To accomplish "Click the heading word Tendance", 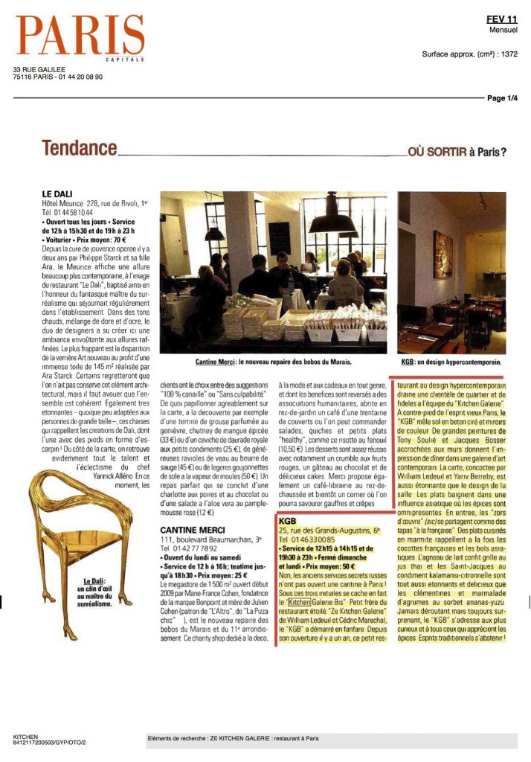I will click(x=80, y=149).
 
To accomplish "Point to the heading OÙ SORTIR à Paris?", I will click(x=458, y=153).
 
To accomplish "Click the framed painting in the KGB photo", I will click(x=442, y=253).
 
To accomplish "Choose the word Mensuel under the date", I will click(x=503, y=30).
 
